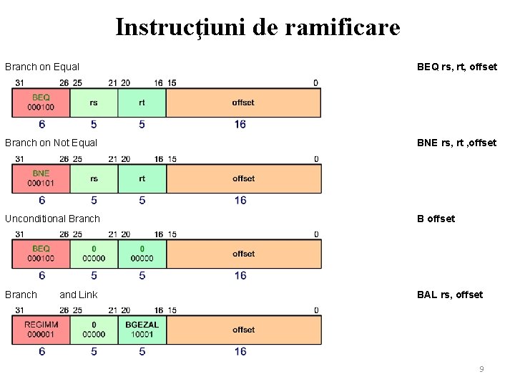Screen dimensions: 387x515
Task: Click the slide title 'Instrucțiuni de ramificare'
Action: [x=257, y=27]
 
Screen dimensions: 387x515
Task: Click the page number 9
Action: [x=481, y=369]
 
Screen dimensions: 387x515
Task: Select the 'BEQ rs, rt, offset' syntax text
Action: [x=456, y=67]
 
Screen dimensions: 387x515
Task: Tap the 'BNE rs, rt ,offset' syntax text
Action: [x=456, y=143]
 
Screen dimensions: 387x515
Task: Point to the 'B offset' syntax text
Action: [x=436, y=219]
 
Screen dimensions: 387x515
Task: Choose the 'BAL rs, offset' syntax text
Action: [x=450, y=295]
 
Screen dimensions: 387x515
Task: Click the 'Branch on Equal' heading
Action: [x=42, y=67]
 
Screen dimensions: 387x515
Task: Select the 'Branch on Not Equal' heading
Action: [x=51, y=143]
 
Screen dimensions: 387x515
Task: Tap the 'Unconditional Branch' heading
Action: [x=53, y=219]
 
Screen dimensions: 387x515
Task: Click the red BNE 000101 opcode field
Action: [x=41, y=178]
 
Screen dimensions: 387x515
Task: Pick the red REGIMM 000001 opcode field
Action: [x=41, y=330]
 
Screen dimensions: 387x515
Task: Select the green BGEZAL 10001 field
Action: [x=142, y=330]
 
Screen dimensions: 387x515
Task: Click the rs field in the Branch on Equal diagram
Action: [x=94, y=102]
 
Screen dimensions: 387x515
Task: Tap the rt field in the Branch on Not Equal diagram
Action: [x=142, y=178]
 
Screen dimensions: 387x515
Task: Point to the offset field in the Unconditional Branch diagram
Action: [x=243, y=254]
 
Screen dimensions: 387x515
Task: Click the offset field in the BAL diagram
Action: [x=243, y=330]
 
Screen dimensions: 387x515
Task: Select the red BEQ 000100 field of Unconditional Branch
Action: [x=41, y=254]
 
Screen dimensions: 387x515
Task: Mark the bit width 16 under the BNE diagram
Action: [x=240, y=200]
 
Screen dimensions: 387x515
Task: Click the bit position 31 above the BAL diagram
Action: [x=20, y=310]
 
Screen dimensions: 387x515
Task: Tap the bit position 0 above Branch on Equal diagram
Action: [x=316, y=83]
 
